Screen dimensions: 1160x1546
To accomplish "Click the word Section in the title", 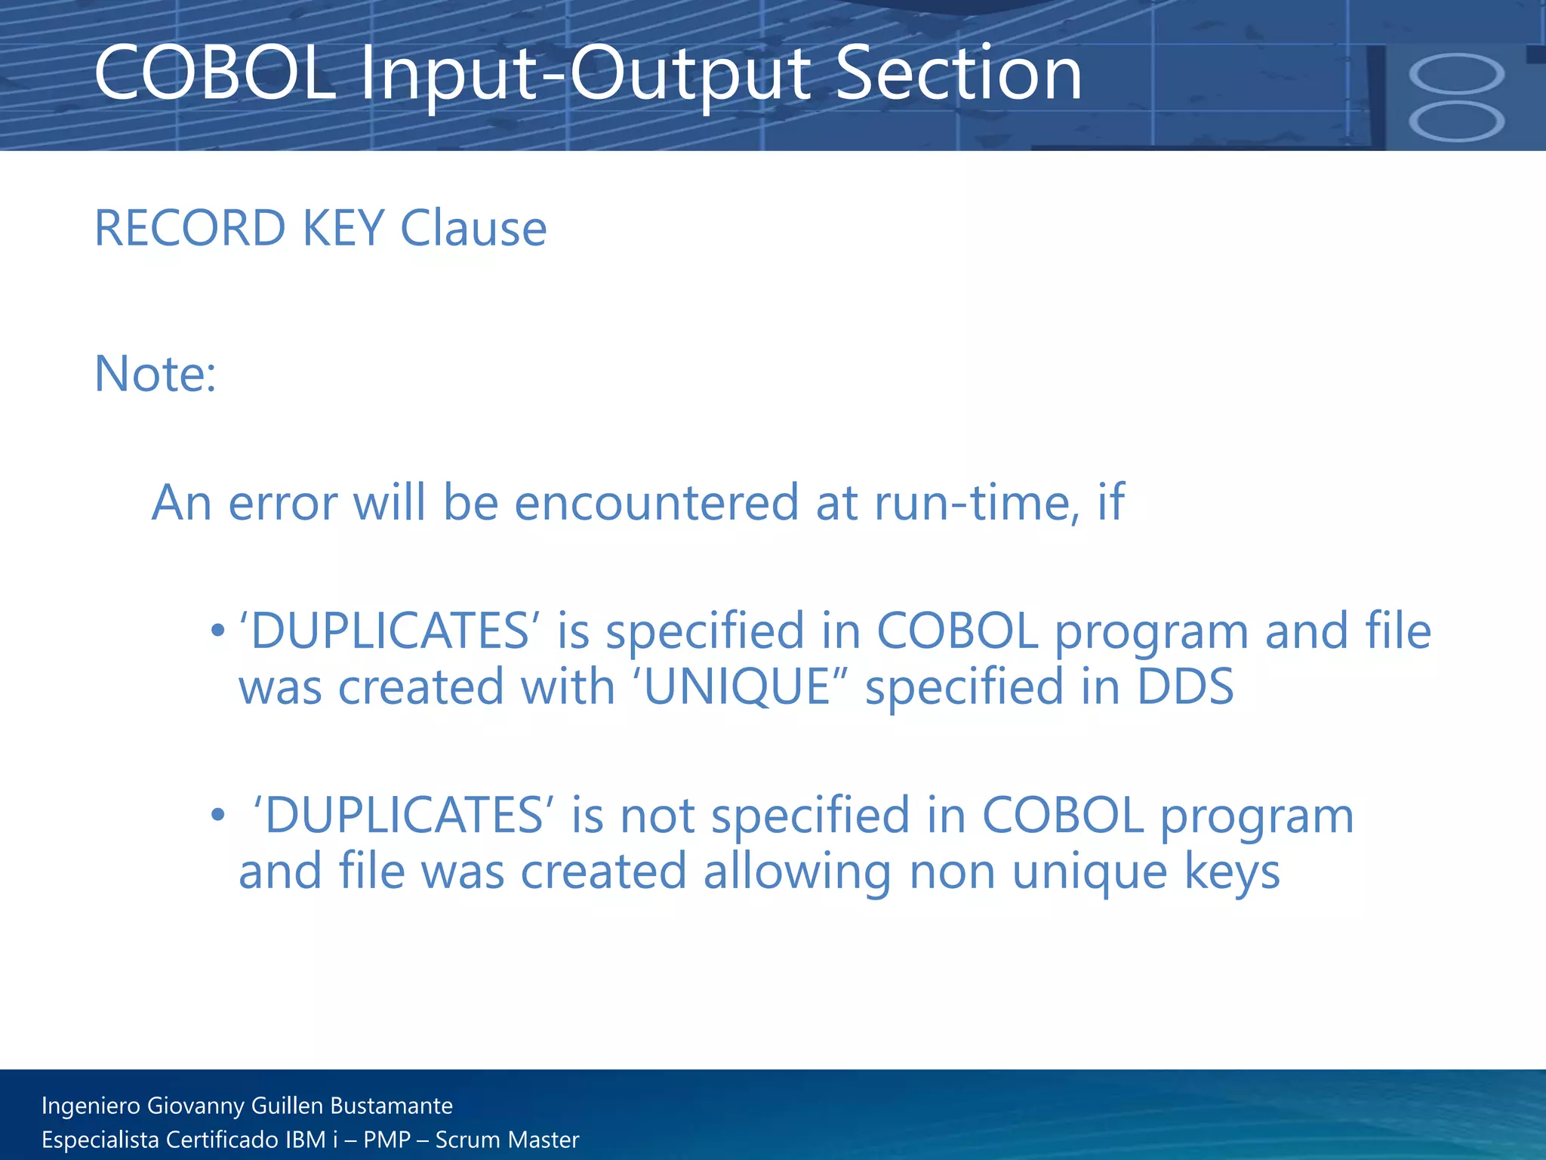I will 959,74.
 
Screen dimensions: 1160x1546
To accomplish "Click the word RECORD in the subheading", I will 190,228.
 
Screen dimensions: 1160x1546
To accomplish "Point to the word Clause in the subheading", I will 473,228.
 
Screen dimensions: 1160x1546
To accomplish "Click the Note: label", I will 156,374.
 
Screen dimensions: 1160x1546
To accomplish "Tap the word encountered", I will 657,502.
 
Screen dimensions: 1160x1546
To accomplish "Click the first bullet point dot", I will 218,630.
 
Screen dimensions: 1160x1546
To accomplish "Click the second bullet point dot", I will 218,815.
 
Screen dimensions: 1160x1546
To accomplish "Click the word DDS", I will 1185,686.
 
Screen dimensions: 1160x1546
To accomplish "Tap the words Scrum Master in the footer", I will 507,1140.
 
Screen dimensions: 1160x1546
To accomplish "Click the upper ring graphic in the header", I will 1456,74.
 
